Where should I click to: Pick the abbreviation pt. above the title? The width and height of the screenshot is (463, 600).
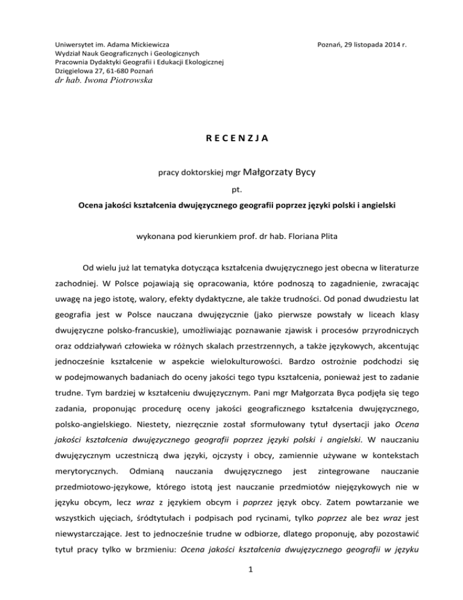click(x=231, y=190)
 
